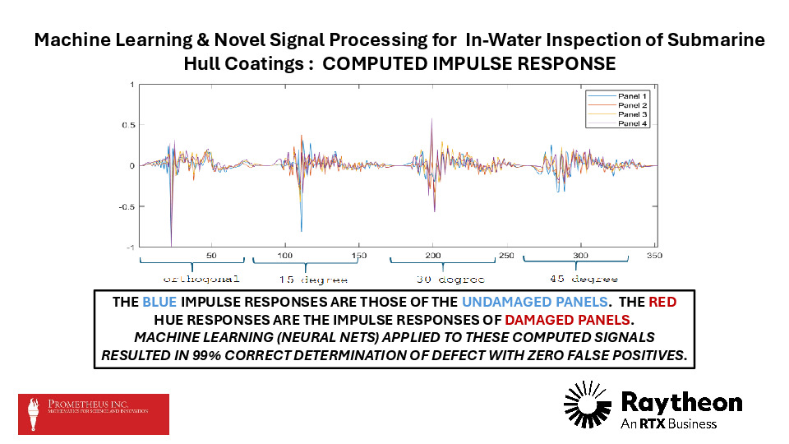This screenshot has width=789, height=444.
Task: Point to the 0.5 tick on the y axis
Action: [x=128, y=125]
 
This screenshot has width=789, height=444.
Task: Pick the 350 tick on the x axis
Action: [x=655, y=255]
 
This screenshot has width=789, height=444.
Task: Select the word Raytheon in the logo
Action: [x=681, y=401]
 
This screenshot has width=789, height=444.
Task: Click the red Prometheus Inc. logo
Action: [x=94, y=414]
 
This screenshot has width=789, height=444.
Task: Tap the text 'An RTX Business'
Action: [x=669, y=423]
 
